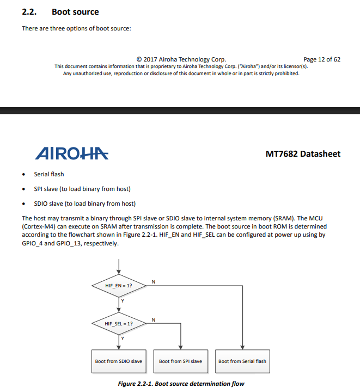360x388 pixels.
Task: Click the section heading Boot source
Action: pos(75,11)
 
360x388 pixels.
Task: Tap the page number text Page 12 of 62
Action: pos(321,59)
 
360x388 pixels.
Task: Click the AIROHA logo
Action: pos(71,154)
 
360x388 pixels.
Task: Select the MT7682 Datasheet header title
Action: pos(303,154)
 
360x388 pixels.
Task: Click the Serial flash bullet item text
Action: pos(49,174)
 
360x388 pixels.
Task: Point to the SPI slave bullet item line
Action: pos(82,189)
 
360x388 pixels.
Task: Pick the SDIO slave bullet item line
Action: pos(84,204)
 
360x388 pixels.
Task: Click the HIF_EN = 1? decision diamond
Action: pos(119,285)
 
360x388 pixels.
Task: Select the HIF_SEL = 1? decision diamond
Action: pos(119,323)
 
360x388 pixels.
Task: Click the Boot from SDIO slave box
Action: pos(119,361)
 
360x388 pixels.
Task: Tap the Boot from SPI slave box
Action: pos(180,361)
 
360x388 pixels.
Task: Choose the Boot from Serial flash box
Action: pos(242,361)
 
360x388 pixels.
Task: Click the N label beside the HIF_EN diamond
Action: pos(153,281)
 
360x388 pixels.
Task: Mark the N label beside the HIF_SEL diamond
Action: pos(153,319)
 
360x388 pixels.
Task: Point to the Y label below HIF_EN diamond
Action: pos(123,300)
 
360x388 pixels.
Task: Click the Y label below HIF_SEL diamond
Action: pos(123,338)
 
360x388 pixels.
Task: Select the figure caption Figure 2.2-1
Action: pos(181,384)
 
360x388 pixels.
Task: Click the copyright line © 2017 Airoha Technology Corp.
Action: pos(181,59)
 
